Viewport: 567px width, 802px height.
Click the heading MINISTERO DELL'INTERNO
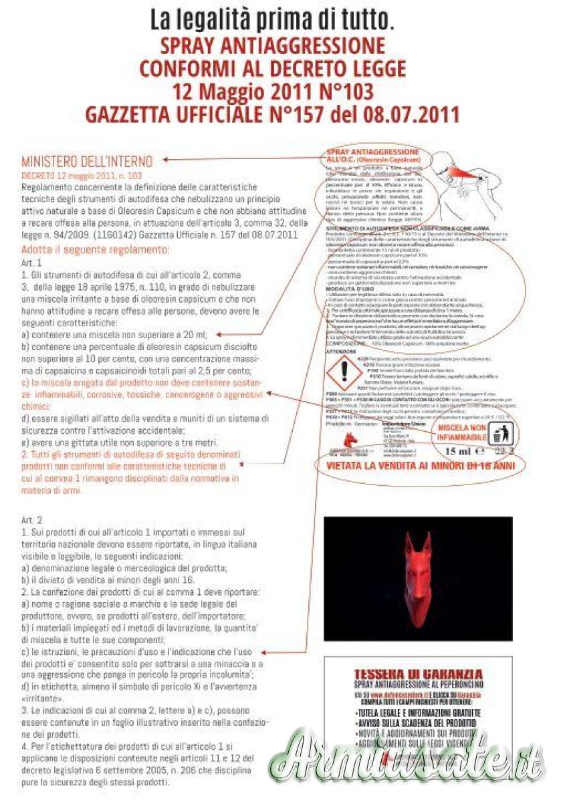pyautogui.click(x=87, y=161)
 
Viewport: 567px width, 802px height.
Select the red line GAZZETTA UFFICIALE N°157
pyautogui.click(x=272, y=114)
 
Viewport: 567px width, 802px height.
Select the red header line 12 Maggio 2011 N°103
pyautogui.click(x=272, y=90)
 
